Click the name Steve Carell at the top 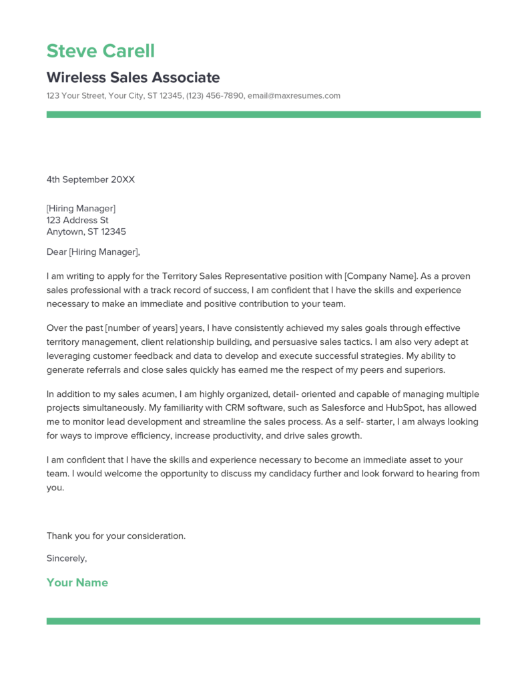(x=100, y=51)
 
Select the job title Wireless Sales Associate (x=133, y=77)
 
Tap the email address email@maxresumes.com (x=294, y=96)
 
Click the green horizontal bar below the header (x=263, y=115)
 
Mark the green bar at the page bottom (x=263, y=621)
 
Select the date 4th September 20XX (x=90, y=179)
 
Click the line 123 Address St (x=77, y=220)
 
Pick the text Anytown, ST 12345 (x=86, y=232)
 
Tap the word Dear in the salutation (x=56, y=252)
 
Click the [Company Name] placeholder (x=380, y=275)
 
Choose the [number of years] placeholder (x=143, y=328)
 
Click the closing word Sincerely (x=66, y=558)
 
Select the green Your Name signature (x=77, y=582)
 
